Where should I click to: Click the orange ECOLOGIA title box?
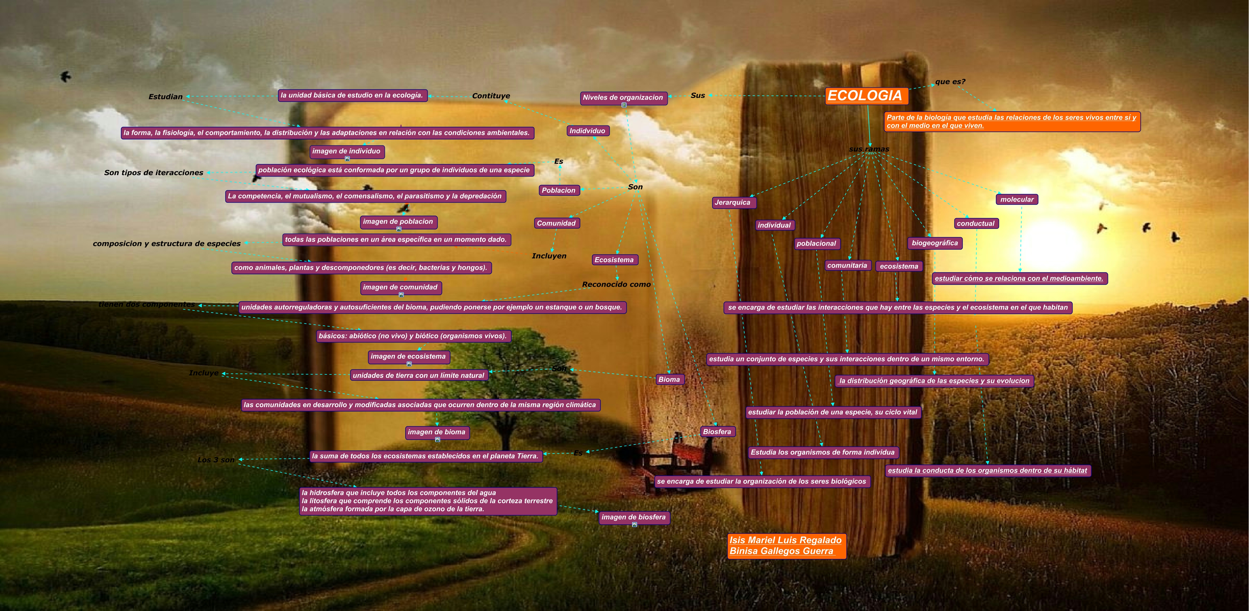pyautogui.click(x=866, y=96)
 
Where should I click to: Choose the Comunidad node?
pyautogui.click(x=556, y=223)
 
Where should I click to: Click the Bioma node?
pyautogui.click(x=669, y=380)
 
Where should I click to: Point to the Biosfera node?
pyautogui.click(x=717, y=432)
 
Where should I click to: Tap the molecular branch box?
pyautogui.click(x=1017, y=199)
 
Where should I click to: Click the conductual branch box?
pyautogui.click(x=976, y=223)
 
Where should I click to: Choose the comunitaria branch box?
pyautogui.click(x=847, y=266)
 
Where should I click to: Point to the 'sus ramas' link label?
pyautogui.click(x=869, y=149)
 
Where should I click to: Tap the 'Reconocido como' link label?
pyautogui.click(x=616, y=285)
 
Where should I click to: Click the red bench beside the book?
pyautogui.click(x=679, y=458)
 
